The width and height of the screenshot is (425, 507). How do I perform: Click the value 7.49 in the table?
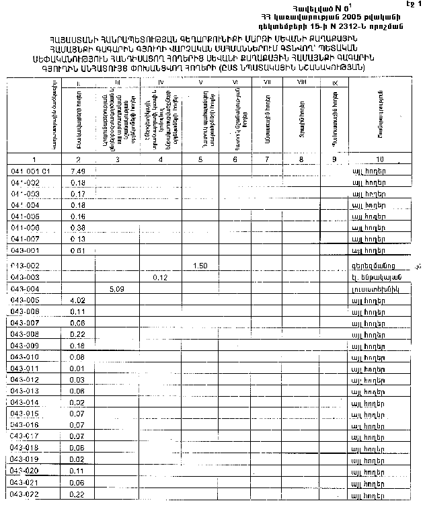coord(77,171)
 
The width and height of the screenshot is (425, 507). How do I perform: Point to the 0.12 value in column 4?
coord(160,277)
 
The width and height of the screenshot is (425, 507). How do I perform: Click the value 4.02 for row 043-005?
coord(77,300)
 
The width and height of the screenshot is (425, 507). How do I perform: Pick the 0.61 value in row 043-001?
coord(77,250)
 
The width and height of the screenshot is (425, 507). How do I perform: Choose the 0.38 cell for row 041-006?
coord(77,227)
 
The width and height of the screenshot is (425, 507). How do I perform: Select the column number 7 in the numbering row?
coord(267,159)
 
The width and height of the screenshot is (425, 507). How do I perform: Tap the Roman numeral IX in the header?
coord(334,83)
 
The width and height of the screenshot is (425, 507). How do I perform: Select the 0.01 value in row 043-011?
coord(77,368)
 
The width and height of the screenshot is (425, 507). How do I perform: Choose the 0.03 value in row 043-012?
coord(77,380)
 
